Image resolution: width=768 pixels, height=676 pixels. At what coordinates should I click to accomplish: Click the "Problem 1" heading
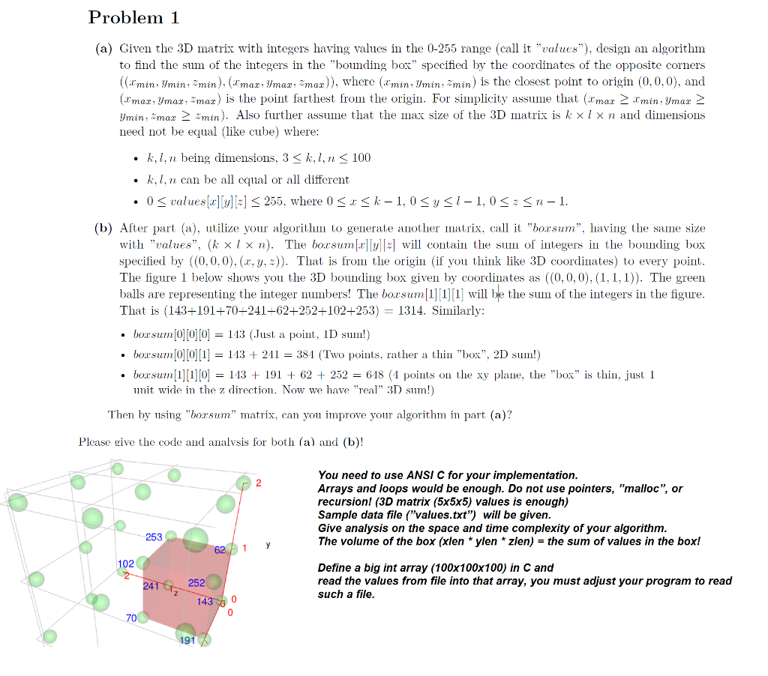coord(133,17)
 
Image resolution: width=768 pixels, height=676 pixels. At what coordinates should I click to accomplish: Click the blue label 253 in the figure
coord(154,537)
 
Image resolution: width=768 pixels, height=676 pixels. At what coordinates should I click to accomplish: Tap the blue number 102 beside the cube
coord(125,564)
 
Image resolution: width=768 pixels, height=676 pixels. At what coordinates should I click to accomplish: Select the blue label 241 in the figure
coord(151,587)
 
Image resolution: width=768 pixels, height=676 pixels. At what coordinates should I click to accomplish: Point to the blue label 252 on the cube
coord(196,583)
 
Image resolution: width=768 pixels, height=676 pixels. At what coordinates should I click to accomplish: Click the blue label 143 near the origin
coord(205,601)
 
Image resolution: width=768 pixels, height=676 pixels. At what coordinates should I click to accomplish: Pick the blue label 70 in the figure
coord(131,618)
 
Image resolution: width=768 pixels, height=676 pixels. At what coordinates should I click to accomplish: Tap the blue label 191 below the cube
coord(187,640)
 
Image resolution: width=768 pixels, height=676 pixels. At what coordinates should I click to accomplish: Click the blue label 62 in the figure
coord(220,551)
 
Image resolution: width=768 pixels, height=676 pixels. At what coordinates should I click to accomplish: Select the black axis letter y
coord(267,545)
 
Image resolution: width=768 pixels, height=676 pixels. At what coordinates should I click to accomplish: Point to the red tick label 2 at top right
coord(259,482)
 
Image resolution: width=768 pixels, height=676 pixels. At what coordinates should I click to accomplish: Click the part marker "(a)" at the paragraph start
coord(103,48)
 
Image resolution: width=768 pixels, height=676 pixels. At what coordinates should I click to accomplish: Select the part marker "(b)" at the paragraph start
coord(103,228)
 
